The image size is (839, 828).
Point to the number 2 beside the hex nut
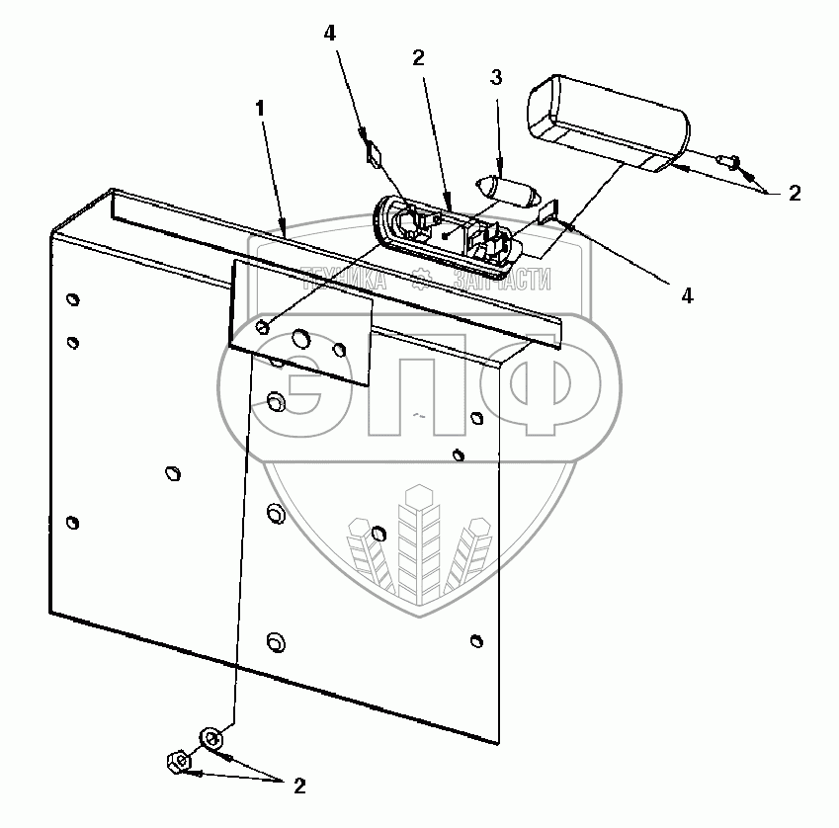pyautogui.click(x=298, y=787)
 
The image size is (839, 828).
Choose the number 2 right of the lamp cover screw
pyautogui.click(x=795, y=194)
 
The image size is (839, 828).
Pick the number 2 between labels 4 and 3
pyautogui.click(x=418, y=58)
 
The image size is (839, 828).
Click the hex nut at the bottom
pyautogui.click(x=178, y=762)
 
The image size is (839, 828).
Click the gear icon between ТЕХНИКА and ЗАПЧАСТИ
pyautogui.click(x=419, y=280)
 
